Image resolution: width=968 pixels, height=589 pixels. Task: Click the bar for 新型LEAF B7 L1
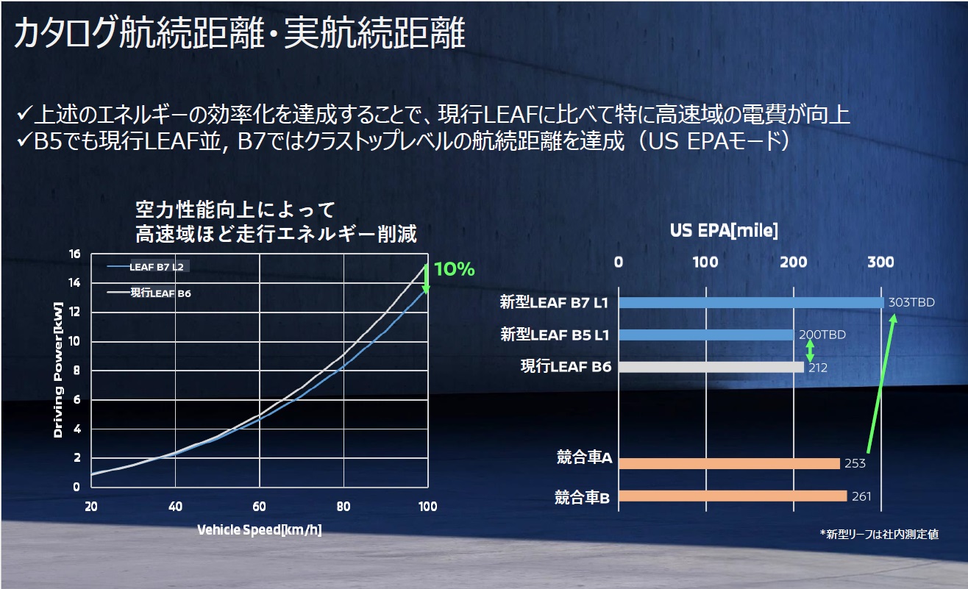750,302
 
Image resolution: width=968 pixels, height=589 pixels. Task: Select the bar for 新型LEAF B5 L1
706,335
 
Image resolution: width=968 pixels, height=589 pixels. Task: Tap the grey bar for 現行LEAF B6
711,367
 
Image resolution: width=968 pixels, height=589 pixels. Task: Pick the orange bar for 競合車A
728,463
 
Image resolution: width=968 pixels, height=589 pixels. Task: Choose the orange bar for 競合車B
732,496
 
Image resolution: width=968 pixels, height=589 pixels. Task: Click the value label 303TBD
911,302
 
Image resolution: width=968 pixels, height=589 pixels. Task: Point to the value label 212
817,368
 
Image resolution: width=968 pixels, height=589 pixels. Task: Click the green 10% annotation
454,269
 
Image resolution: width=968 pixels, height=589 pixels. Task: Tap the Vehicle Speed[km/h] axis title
259,529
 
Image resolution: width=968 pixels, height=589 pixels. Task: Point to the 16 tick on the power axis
74,254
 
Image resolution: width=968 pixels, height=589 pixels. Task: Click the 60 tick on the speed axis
259,507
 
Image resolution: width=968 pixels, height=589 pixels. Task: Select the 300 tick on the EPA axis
880,263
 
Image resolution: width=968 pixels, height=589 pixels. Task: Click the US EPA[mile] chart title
724,230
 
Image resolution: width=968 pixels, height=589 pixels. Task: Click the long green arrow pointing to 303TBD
880,382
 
